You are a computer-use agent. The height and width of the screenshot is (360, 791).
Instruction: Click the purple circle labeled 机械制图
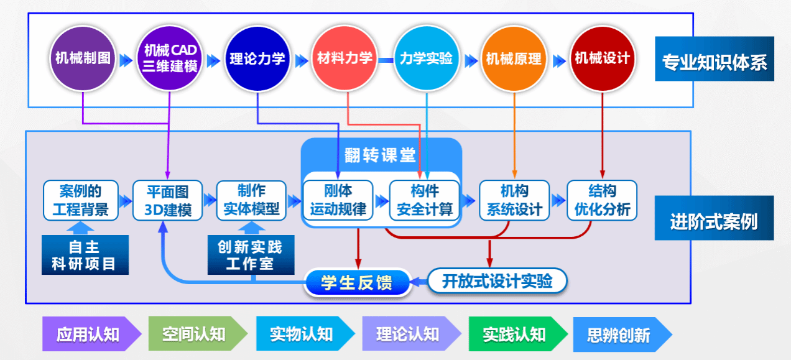pos(83,59)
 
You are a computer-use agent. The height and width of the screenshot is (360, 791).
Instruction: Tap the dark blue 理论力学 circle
pos(257,59)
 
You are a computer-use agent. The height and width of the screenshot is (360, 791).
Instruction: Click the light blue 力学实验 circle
pos(427,59)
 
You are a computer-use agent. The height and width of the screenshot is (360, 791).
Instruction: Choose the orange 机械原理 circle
pos(514,59)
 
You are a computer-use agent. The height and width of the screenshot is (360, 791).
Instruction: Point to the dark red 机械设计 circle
pos(602,59)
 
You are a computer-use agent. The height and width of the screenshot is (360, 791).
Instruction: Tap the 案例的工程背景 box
pos(80,200)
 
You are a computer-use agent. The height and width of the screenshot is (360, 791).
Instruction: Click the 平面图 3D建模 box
pos(167,200)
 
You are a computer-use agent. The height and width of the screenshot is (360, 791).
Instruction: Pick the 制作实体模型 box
pos(251,200)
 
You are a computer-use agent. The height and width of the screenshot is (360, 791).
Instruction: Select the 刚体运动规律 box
pos(338,200)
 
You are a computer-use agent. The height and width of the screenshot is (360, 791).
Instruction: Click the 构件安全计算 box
pos(425,200)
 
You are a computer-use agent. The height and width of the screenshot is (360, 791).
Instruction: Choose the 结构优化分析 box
pos(602,200)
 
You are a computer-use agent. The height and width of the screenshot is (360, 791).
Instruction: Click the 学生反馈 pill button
pos(358,283)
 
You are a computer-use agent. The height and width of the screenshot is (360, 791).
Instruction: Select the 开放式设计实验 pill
pos(497,281)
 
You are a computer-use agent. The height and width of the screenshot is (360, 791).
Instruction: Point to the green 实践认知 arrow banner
pos(515,335)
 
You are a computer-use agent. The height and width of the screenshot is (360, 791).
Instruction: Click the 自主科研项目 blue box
pos(85,255)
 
